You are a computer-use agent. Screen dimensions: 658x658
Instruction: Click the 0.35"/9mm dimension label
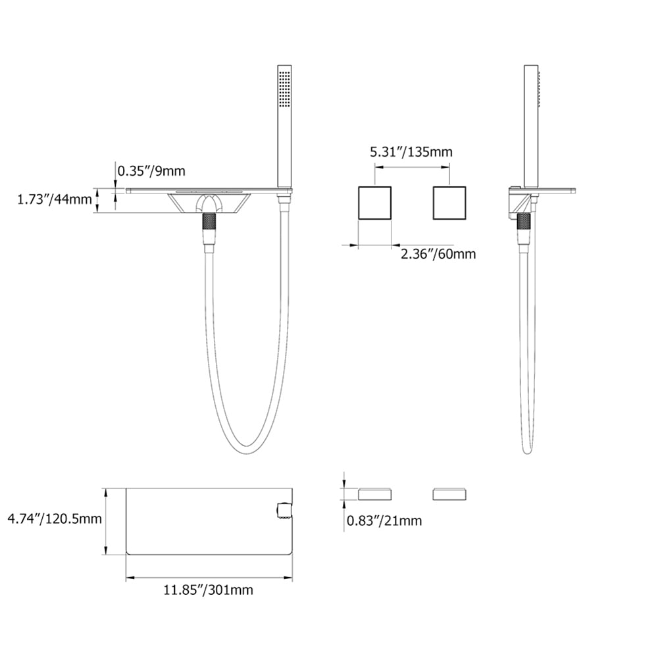[x=151, y=171]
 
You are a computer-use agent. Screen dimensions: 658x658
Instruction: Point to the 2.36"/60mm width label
[x=438, y=253]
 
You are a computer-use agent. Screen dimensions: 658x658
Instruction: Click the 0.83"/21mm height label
[x=384, y=521]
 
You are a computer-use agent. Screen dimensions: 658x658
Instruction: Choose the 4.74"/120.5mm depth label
[x=54, y=519]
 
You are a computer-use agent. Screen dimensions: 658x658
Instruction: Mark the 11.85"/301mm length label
[x=208, y=590]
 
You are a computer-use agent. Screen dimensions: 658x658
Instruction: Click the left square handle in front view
[x=374, y=203]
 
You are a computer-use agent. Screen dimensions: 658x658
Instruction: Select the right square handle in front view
[x=449, y=203]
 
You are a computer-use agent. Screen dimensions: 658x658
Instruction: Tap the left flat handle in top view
[x=375, y=493]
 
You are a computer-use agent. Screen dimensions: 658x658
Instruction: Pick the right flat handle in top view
[x=449, y=493]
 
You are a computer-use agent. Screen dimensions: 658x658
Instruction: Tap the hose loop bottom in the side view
[x=527, y=451]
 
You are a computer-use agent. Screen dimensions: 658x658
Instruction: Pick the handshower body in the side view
[x=530, y=125]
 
